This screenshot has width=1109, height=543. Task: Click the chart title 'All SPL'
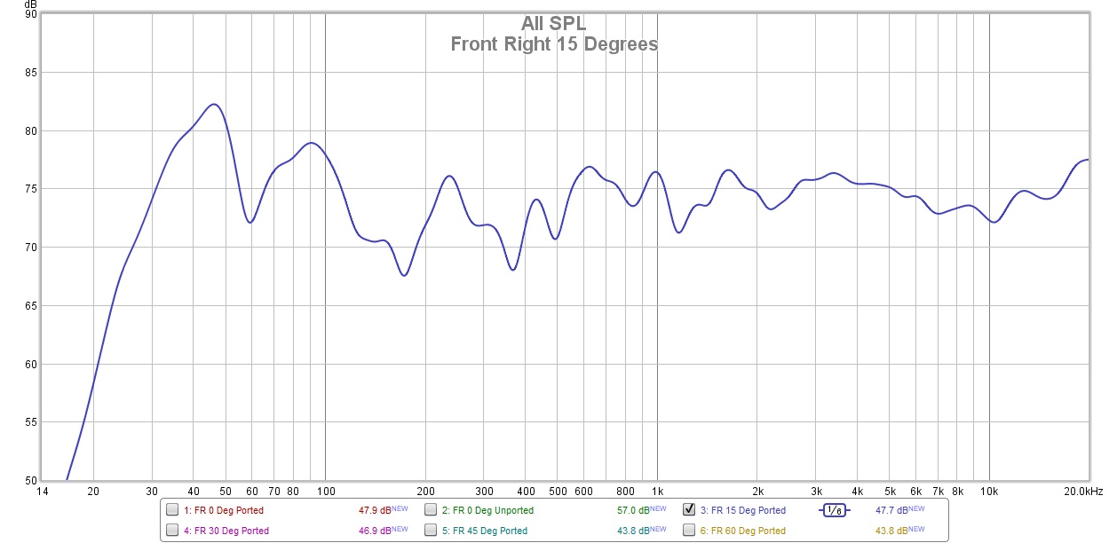point(553,24)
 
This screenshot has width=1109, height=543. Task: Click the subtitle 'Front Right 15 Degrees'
point(553,43)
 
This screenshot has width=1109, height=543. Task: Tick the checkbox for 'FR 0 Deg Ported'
point(172,510)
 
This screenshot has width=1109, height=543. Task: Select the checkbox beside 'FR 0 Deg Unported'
point(431,510)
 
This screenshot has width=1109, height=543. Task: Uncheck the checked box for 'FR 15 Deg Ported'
point(689,510)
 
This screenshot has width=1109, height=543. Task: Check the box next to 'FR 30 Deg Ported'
point(172,531)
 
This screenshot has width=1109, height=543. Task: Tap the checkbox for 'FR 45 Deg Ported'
point(431,531)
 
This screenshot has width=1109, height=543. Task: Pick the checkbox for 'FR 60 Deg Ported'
point(689,531)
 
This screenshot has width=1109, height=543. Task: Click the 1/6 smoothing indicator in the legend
point(834,510)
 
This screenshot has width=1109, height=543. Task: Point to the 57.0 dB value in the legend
point(634,510)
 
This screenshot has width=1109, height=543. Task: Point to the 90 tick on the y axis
point(31,15)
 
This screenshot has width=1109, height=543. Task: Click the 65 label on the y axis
point(31,306)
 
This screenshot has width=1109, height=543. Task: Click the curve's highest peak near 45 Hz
point(214,104)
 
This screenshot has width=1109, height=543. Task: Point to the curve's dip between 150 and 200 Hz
point(404,275)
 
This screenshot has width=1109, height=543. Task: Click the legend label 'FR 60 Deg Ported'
point(743,531)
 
